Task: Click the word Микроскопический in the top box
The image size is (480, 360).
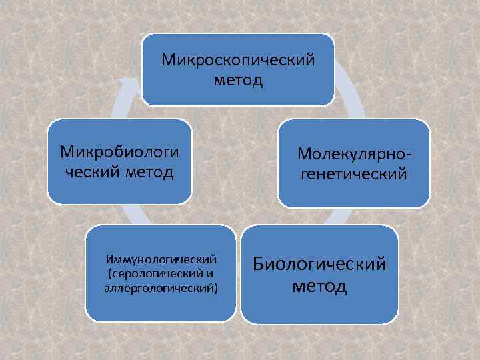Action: [238, 61]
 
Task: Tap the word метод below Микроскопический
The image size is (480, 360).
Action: [239, 81]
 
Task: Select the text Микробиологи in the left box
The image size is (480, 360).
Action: [120, 151]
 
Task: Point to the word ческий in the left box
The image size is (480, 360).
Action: [90, 172]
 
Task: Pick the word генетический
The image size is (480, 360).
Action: [354, 175]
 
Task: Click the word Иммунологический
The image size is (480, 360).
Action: [161, 259]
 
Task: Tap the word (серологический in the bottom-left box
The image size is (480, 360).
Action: [154, 273]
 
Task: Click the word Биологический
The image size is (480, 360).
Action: [319, 264]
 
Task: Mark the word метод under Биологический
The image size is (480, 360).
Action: [319, 286]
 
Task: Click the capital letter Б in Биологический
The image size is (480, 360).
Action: [259, 264]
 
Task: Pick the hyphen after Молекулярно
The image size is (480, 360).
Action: [407, 155]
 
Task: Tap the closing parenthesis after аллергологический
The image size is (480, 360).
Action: [216, 289]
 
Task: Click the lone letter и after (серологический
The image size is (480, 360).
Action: [211, 273]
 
